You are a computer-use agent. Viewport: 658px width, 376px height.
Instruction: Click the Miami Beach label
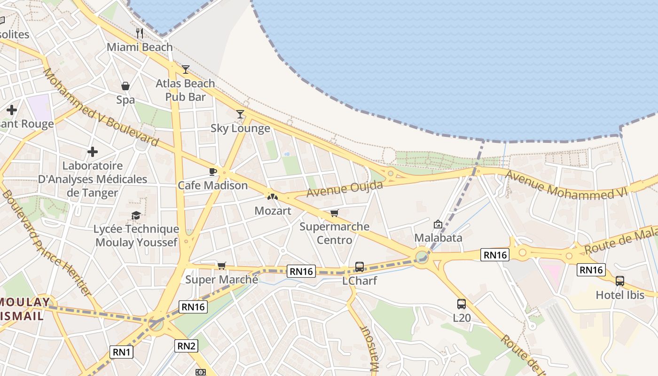pyautogui.click(x=140, y=47)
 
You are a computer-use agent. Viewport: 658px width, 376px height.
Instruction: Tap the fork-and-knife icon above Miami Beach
pyautogui.click(x=139, y=33)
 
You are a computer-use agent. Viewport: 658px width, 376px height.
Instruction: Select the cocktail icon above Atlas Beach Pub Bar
pyautogui.click(x=186, y=70)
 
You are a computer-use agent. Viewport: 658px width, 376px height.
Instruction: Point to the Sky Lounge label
pyautogui.click(x=240, y=128)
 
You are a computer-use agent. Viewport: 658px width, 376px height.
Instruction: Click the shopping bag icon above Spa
pyautogui.click(x=125, y=86)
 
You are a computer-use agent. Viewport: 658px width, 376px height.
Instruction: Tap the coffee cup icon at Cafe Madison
pyautogui.click(x=212, y=172)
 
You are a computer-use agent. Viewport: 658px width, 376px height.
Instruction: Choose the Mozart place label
pyautogui.click(x=273, y=211)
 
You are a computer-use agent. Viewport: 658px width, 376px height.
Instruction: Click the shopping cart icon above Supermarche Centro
pyautogui.click(x=334, y=213)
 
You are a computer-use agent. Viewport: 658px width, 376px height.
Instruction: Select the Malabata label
pyautogui.click(x=438, y=238)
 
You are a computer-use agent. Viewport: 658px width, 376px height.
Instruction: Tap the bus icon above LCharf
pyautogui.click(x=360, y=267)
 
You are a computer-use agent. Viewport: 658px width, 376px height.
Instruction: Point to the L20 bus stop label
pyautogui.click(x=462, y=318)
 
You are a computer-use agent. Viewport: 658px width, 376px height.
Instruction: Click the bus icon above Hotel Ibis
pyautogui.click(x=620, y=281)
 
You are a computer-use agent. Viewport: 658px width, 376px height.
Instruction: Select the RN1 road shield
pyautogui.click(x=122, y=352)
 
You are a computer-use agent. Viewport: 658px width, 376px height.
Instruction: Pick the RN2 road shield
pyautogui.click(x=187, y=346)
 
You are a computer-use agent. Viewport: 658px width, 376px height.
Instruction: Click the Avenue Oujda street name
pyautogui.click(x=345, y=189)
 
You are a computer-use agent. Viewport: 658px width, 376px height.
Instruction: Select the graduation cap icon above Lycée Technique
pyautogui.click(x=136, y=215)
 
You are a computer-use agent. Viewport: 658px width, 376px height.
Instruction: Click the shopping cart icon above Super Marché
pyautogui.click(x=222, y=266)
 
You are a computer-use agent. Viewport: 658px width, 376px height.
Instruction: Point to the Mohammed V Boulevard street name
pyautogui.click(x=101, y=107)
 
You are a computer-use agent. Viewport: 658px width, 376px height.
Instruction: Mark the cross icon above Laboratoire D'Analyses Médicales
pyautogui.click(x=93, y=152)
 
